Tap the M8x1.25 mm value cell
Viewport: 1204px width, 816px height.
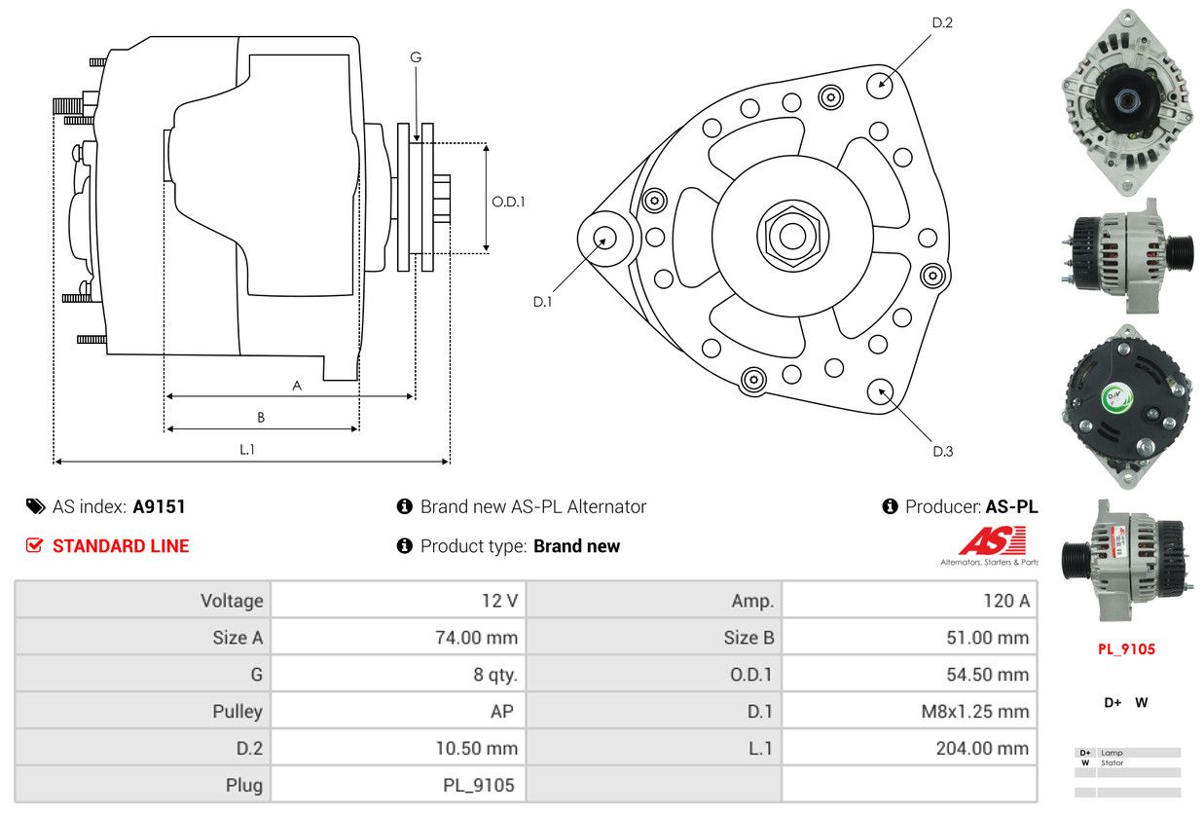[x=974, y=711]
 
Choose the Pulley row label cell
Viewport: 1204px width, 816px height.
[x=237, y=711]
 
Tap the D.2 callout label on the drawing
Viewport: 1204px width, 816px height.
[x=942, y=22]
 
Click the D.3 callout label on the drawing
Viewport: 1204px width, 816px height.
[x=942, y=451]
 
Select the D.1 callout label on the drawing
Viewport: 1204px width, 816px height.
[x=542, y=302]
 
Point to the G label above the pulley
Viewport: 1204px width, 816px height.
[x=416, y=57]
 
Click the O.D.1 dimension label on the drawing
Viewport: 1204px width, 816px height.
[x=508, y=203]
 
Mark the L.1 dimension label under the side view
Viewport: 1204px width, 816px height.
[x=247, y=449]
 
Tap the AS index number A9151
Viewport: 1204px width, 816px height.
[x=159, y=506]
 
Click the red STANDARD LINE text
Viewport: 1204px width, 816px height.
[x=121, y=546]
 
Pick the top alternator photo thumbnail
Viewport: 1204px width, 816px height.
[x=1127, y=101]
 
